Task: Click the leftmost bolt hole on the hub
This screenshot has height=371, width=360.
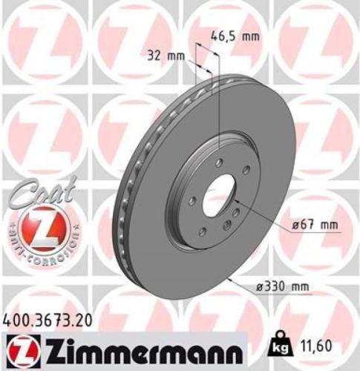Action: tap(191, 200)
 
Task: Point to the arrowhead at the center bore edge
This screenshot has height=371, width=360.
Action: tap(237, 201)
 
